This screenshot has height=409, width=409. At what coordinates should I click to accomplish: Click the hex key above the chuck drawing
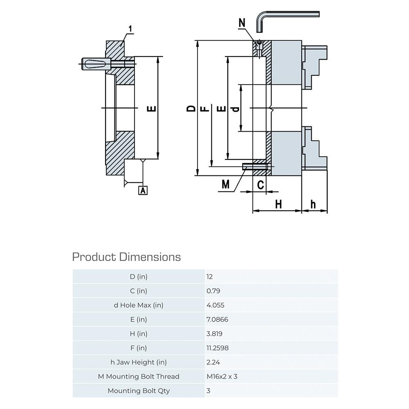(286, 16)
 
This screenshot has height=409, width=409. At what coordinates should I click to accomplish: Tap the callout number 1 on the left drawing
(130, 29)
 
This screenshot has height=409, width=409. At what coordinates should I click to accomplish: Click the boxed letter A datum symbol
(143, 190)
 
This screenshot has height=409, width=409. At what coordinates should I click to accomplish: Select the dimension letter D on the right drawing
(191, 108)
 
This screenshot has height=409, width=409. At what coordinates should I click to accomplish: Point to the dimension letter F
(205, 108)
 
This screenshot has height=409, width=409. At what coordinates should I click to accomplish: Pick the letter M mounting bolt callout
(225, 185)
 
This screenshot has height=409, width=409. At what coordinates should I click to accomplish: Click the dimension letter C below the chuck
(261, 185)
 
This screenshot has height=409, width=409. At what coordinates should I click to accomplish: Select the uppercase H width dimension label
(279, 204)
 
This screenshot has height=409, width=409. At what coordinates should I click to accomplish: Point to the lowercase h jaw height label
(313, 204)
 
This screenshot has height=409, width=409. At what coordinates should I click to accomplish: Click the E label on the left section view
(151, 108)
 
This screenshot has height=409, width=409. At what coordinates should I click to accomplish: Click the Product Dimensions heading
(126, 257)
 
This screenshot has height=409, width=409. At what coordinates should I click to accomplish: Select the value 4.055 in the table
(216, 305)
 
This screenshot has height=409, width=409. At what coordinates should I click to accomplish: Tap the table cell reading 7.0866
(217, 319)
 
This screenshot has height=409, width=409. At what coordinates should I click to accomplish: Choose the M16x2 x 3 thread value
(222, 376)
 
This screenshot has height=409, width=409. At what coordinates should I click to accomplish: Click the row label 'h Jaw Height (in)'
(139, 362)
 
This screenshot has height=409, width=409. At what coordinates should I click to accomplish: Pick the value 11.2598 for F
(218, 348)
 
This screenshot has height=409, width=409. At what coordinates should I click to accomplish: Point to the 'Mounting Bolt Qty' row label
(139, 391)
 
